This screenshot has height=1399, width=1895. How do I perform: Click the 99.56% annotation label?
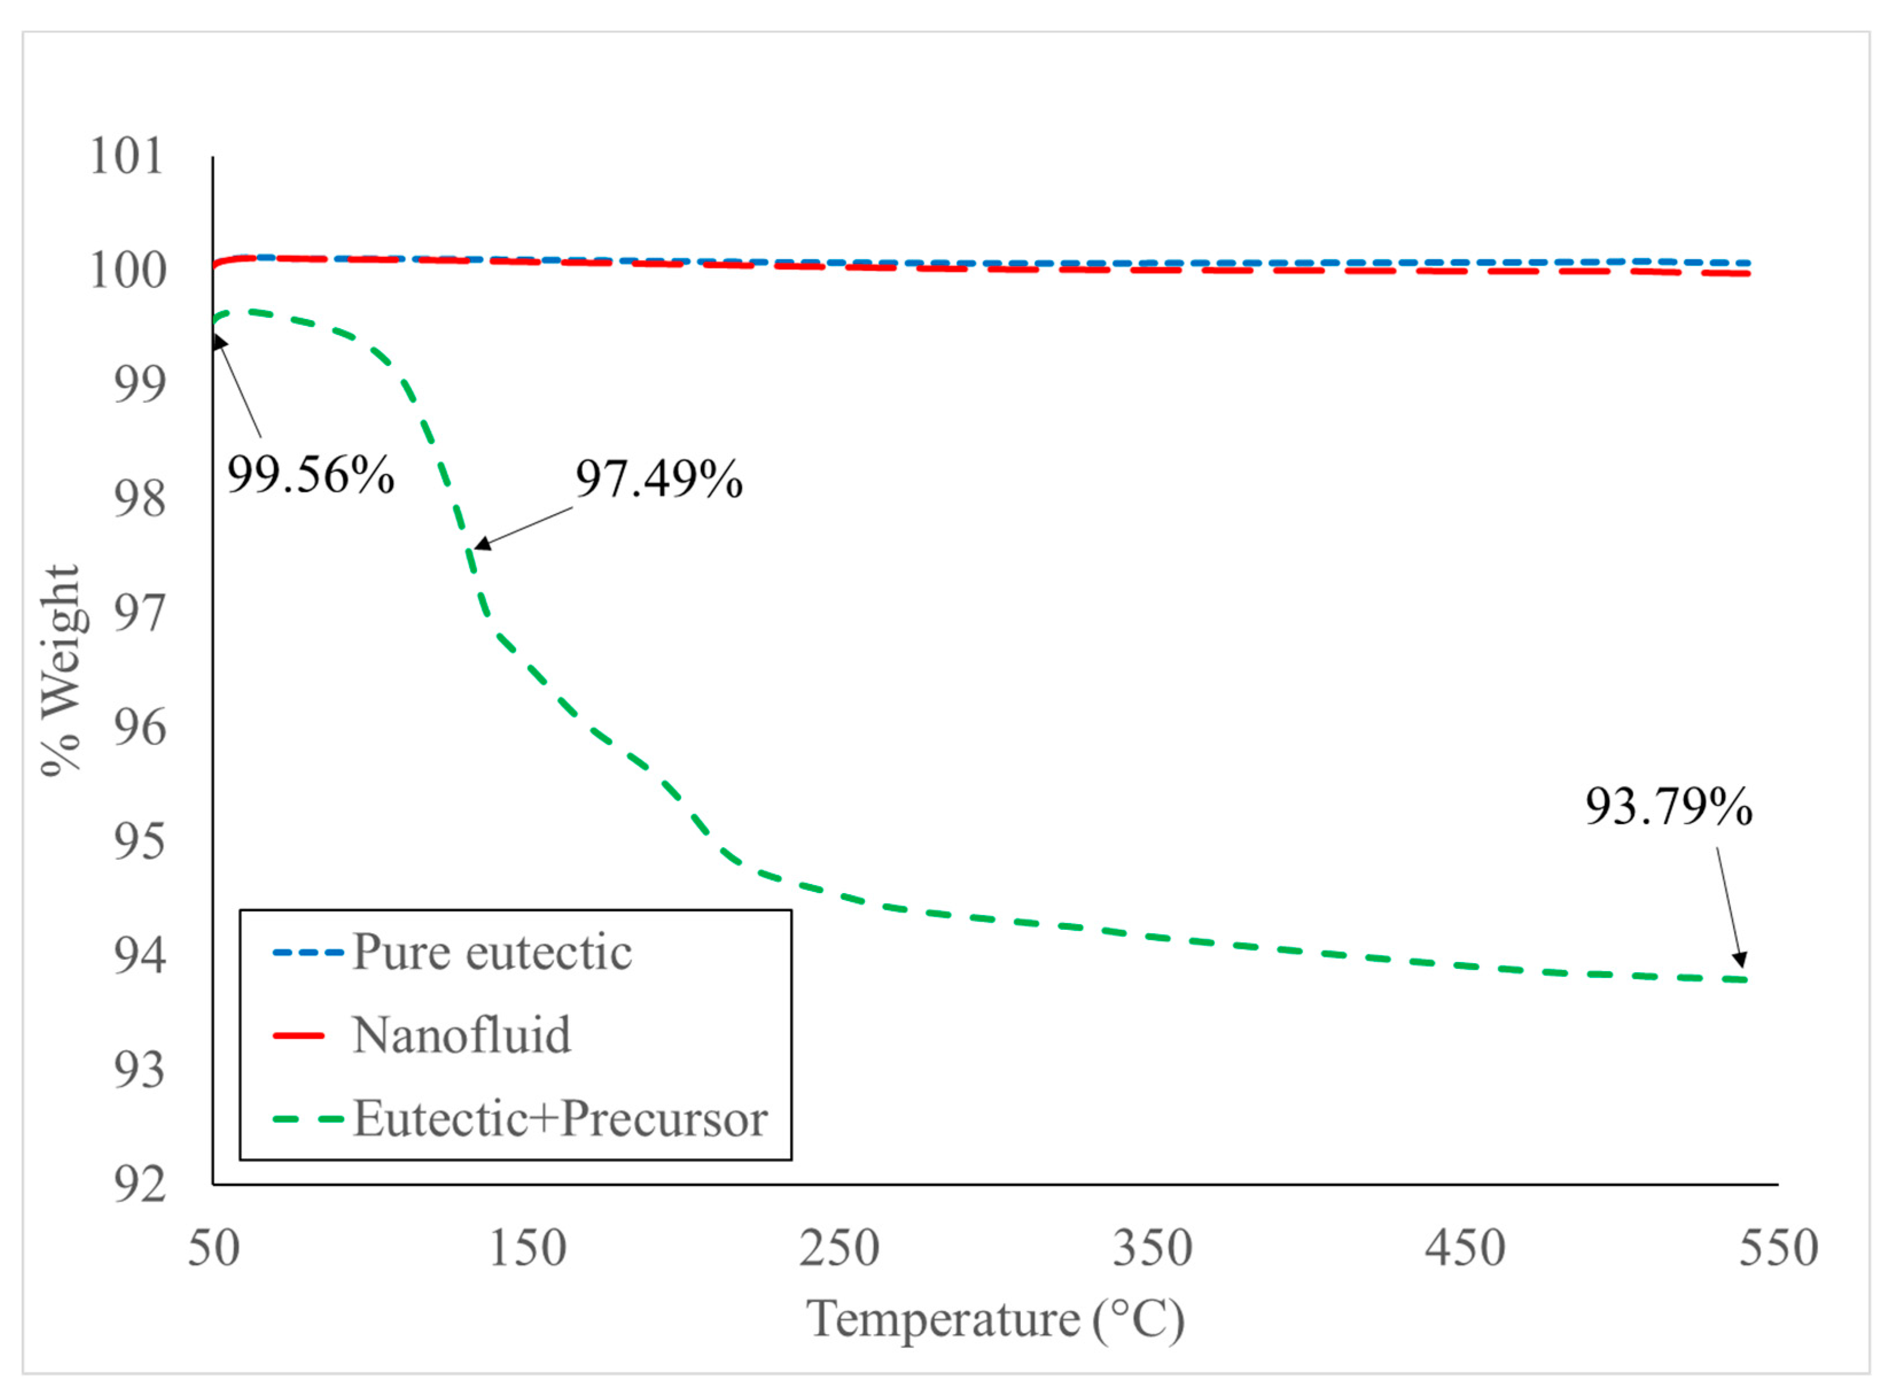tap(310, 475)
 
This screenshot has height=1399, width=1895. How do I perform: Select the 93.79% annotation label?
tap(1667, 806)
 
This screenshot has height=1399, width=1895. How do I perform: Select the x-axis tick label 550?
tap(1777, 1248)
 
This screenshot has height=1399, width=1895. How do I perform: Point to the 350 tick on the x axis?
tap(1152, 1248)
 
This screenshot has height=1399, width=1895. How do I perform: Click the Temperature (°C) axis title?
tap(995, 1319)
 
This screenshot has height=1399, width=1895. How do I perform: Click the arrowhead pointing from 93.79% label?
tap(1741, 960)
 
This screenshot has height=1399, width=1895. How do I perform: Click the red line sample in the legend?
tap(299, 1036)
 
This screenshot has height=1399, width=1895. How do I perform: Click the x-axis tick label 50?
tap(213, 1248)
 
